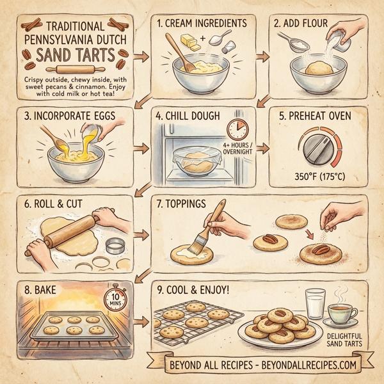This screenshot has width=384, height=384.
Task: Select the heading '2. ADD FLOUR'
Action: [298, 24]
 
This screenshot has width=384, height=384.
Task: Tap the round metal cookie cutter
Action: [114, 246]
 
